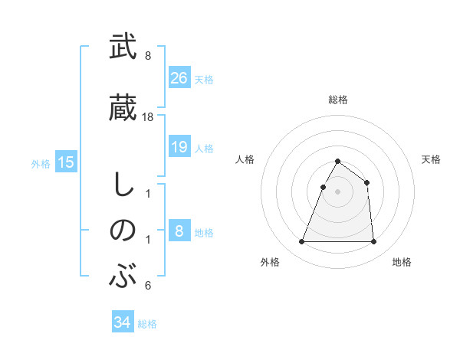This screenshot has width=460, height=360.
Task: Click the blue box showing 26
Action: pyautogui.click(x=179, y=78)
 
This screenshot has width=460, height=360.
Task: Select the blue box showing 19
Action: pyautogui.click(x=179, y=147)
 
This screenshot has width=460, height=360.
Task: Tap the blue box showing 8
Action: pyautogui.click(x=179, y=231)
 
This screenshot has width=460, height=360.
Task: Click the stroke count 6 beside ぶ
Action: pyautogui.click(x=148, y=286)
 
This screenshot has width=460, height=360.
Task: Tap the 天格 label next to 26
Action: pyautogui.click(x=204, y=79)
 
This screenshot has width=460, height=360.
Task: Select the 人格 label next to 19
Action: pyautogui.click(x=204, y=148)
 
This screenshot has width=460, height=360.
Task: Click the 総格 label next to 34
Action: pyautogui.click(x=147, y=323)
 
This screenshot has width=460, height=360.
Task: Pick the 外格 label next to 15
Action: pyautogui.click(x=41, y=163)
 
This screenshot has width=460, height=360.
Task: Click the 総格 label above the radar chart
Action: pyautogui.click(x=338, y=100)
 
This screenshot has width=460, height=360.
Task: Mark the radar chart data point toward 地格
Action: pyautogui.click(x=373, y=242)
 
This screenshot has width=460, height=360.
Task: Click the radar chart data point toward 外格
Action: pyautogui.click(x=302, y=242)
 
